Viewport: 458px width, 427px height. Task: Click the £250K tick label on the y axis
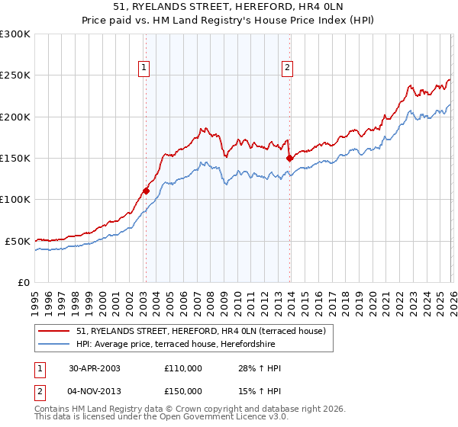pyautogui.click(x=15, y=75)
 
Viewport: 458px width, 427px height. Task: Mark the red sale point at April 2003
pyautogui.click(x=146, y=191)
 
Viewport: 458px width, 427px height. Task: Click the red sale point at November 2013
pyautogui.click(x=289, y=159)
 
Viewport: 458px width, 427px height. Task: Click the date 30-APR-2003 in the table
pyautogui.click(x=93, y=368)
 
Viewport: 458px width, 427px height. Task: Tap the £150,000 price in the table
pyautogui.click(x=182, y=390)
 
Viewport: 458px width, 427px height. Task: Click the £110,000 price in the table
pyautogui.click(x=182, y=368)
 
